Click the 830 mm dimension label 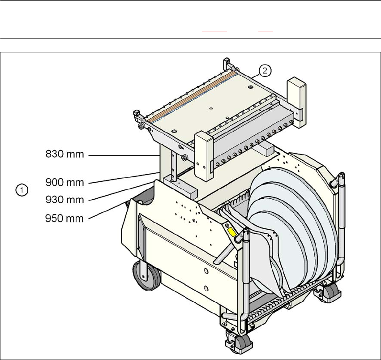click(64, 154)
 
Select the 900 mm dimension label click(64, 182)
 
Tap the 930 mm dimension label click(64, 200)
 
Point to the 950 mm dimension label click(64, 219)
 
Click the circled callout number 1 click(22, 190)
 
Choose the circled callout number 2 click(265, 70)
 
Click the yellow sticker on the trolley click(231, 232)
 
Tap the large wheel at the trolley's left click(146, 275)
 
